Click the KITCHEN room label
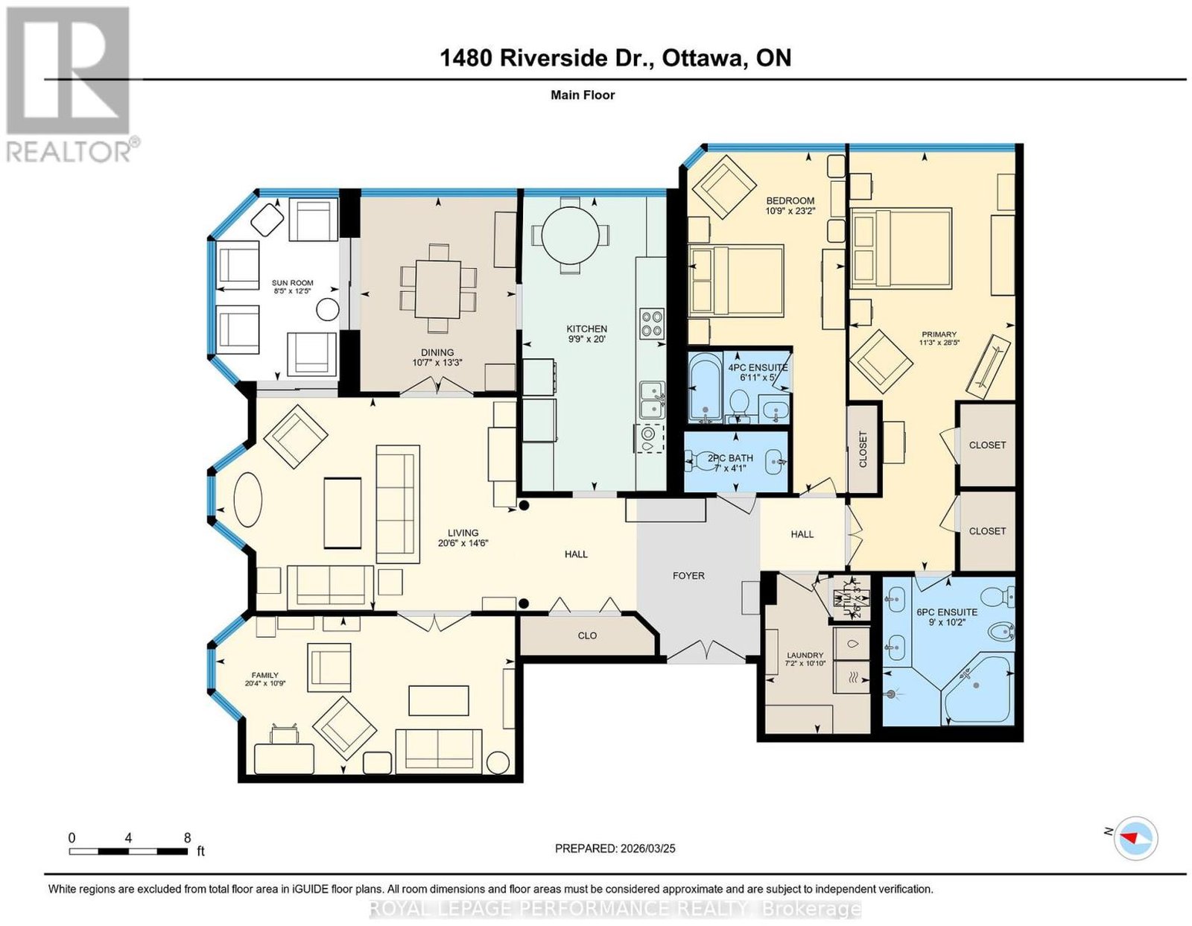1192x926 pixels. pos(586,329)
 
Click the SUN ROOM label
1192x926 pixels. pos(292,283)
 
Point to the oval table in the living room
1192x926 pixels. pos(248,500)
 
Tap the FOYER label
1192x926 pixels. pos(688,576)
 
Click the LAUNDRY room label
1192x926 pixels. pos(805,655)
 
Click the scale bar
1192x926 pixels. pos(128,852)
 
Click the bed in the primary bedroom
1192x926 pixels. pos(900,248)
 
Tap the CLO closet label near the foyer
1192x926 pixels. pos(587,635)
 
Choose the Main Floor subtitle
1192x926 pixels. pos(583,95)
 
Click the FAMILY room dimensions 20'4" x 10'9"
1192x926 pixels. pos(265,683)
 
